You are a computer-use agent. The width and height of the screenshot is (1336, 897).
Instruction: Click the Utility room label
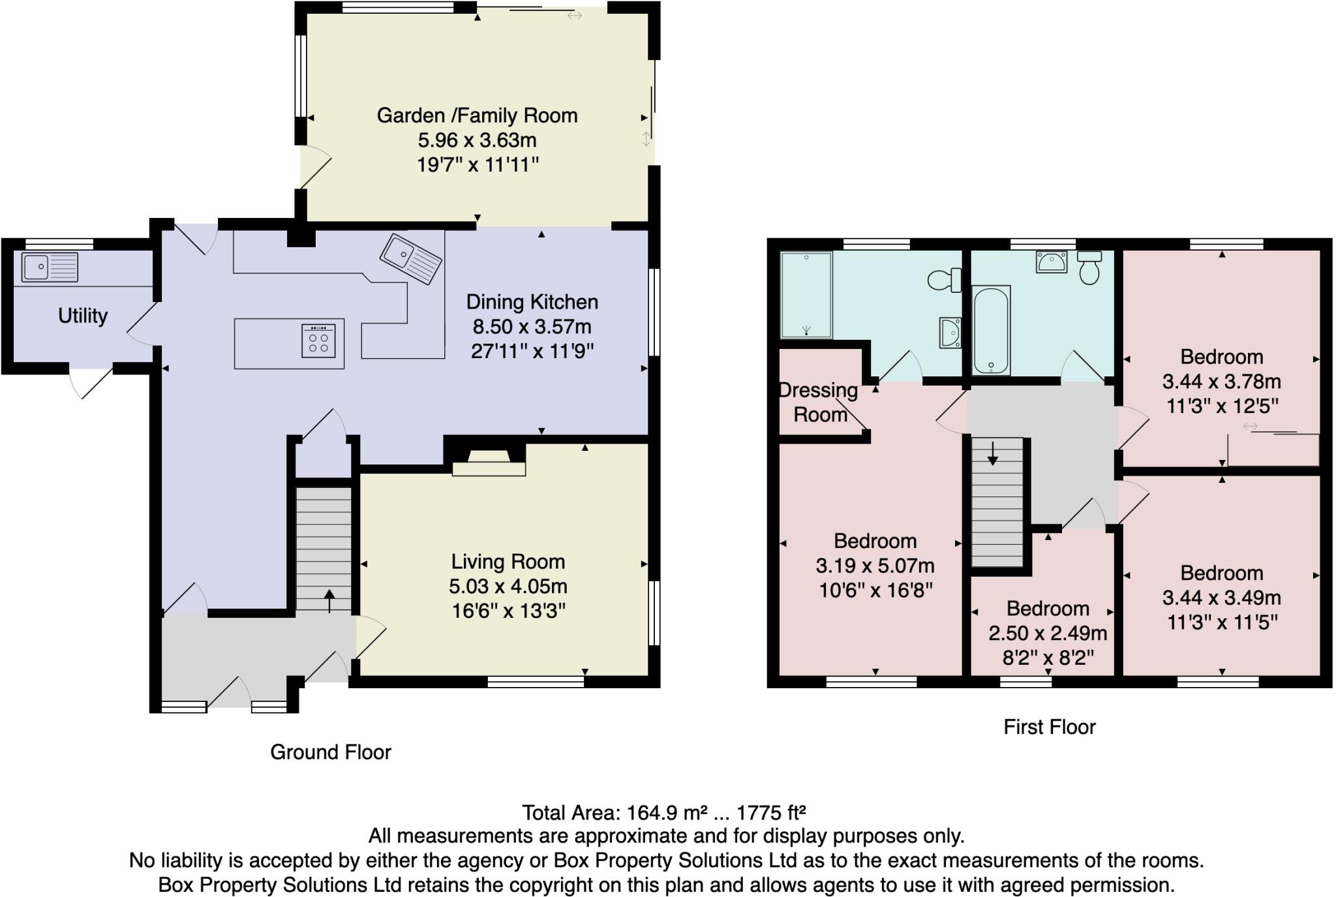click(83, 316)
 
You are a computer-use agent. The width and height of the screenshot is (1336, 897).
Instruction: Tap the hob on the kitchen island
click(318, 341)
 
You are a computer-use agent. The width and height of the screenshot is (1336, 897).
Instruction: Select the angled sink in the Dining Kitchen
click(411, 259)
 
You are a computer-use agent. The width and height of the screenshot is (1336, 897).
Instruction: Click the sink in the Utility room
click(50, 267)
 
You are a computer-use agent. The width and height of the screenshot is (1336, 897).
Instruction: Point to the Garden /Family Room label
click(477, 115)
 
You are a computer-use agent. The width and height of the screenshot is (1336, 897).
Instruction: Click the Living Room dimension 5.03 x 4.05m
click(508, 586)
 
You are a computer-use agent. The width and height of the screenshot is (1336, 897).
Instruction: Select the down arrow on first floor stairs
click(992, 453)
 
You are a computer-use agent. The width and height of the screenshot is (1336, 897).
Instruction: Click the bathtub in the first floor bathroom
click(991, 330)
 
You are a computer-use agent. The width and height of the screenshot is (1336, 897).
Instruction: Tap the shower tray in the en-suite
click(806, 295)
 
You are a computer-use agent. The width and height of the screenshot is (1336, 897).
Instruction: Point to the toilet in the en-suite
click(944, 280)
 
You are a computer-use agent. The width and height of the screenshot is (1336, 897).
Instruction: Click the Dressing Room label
click(819, 402)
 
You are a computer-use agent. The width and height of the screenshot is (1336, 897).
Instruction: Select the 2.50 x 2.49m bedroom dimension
click(1048, 633)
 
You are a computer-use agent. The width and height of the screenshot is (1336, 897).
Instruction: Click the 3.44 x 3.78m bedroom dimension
click(1221, 382)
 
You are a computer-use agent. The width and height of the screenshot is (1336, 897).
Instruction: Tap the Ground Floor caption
click(331, 752)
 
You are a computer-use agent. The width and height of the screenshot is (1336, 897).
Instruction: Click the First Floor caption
click(1049, 727)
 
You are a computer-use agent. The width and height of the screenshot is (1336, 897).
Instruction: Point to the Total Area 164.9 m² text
click(663, 813)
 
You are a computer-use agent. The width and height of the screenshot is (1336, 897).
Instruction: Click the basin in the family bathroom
click(1051, 262)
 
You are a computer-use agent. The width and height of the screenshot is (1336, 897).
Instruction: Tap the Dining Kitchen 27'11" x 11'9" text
click(532, 352)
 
